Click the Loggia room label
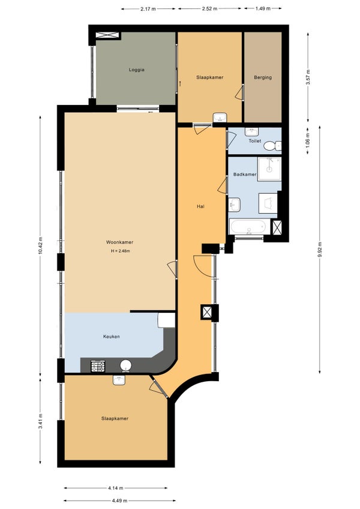136,70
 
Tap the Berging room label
263,77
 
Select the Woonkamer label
119,242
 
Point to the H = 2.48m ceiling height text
121,251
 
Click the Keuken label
112,337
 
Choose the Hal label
200,206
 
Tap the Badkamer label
245,174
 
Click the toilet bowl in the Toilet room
272,146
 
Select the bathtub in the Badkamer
250,226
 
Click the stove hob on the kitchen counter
98,366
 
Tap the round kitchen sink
126,366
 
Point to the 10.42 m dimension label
40,245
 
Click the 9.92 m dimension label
320,250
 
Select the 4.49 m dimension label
119,501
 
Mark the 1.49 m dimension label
263,9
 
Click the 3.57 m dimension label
308,77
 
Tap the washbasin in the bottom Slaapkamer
119,380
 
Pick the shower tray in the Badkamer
269,169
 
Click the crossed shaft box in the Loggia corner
108,35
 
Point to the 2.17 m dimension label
148,9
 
